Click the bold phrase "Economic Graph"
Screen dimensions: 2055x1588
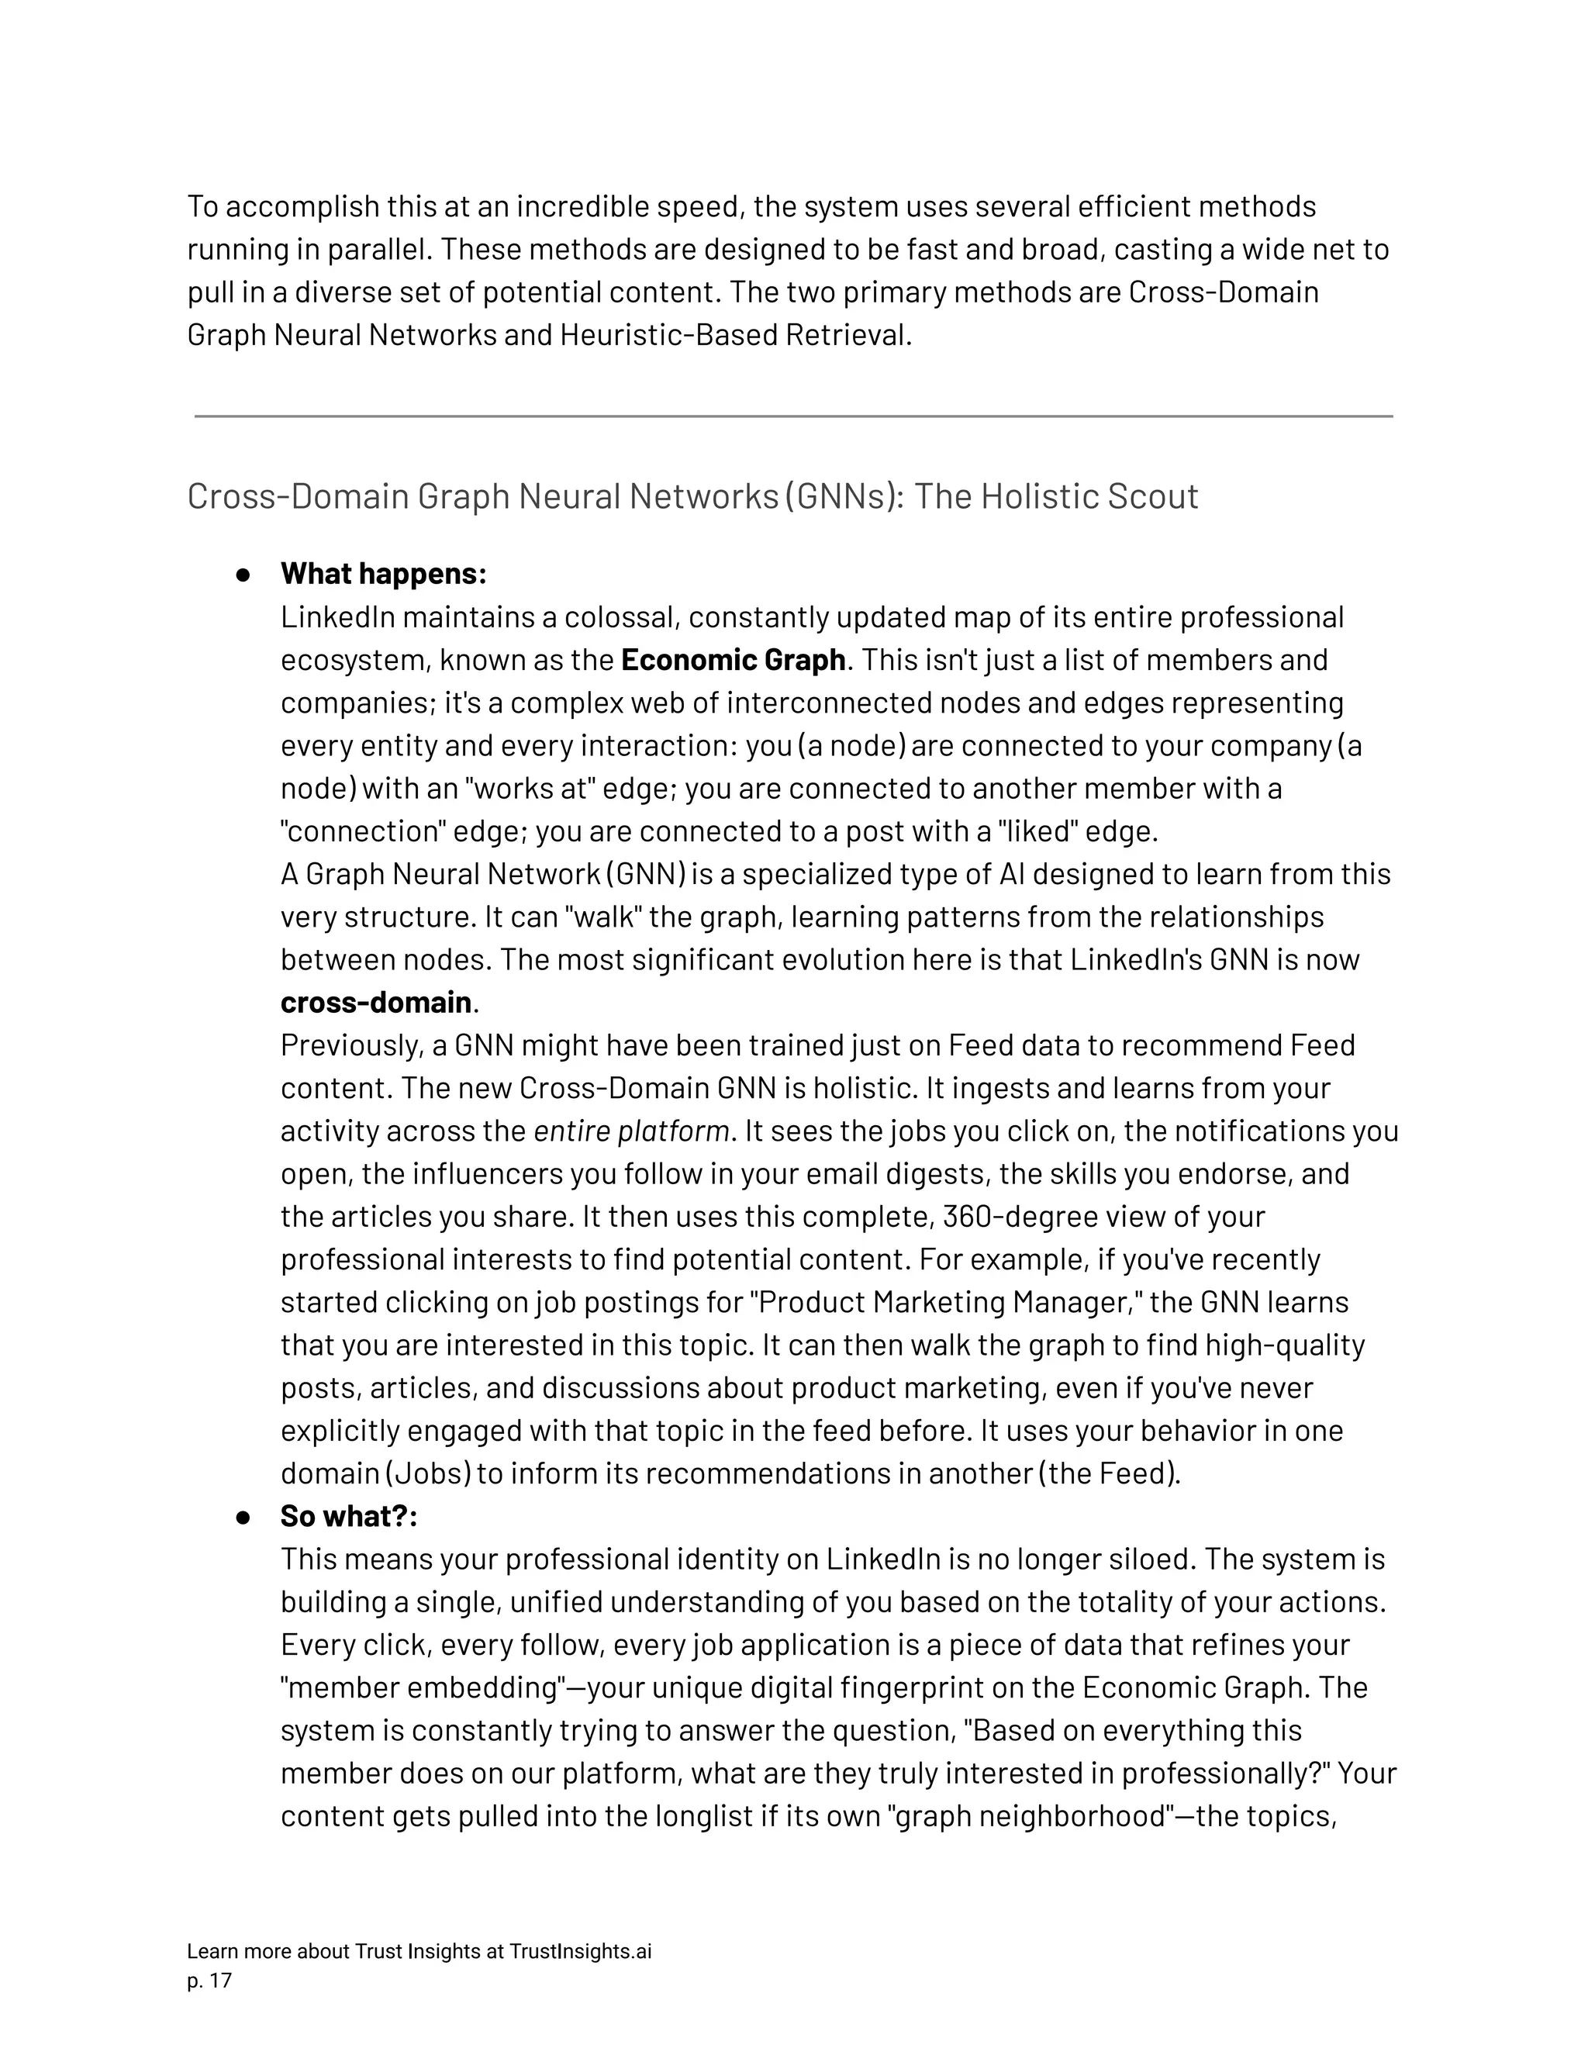tap(733, 660)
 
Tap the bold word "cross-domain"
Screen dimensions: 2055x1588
tap(375, 1002)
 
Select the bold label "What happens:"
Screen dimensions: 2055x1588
tap(383, 573)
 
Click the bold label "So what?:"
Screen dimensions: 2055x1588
tap(348, 1516)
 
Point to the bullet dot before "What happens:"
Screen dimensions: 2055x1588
tap(243, 575)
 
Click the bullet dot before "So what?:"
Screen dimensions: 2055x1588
tap(243, 1518)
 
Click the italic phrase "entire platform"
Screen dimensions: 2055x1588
tap(631, 1130)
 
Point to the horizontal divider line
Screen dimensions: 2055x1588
tap(793, 416)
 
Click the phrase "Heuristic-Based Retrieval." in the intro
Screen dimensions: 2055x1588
tap(736, 335)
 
